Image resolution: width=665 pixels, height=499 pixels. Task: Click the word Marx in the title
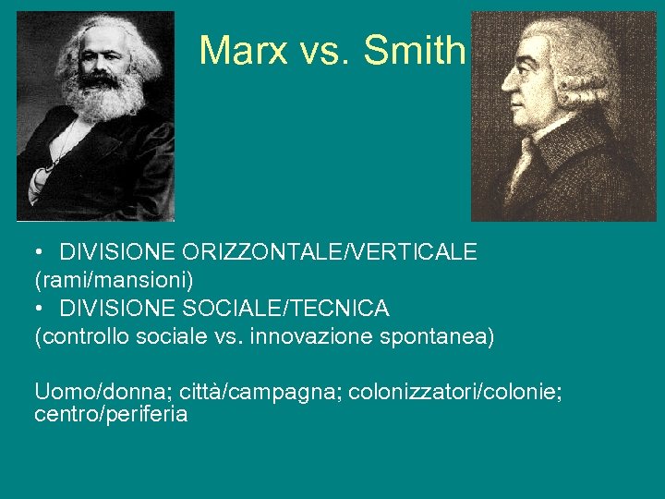[243, 51]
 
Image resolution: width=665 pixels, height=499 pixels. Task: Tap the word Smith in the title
[415, 51]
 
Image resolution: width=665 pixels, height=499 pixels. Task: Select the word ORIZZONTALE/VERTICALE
[330, 252]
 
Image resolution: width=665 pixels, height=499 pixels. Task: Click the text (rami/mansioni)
[114, 280]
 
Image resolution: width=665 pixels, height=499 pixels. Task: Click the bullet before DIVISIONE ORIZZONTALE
[41, 252]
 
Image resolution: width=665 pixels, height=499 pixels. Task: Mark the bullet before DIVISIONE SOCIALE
[41, 308]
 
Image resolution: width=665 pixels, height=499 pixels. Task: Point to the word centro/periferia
[111, 415]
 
